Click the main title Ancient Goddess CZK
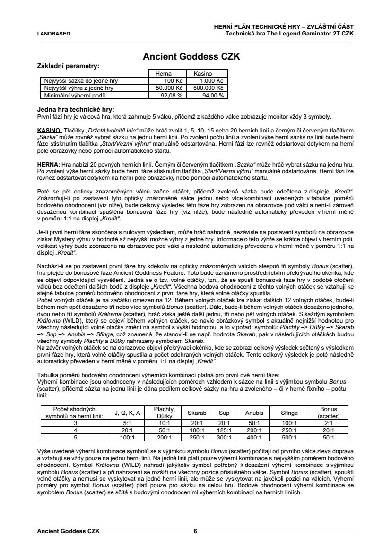(x=191, y=57)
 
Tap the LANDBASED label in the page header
(x=53, y=34)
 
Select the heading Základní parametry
(x=68, y=66)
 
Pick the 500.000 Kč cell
(x=207, y=88)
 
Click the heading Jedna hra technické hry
(x=75, y=110)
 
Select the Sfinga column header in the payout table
(x=289, y=413)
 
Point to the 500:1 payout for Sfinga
(x=289, y=438)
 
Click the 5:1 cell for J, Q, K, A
(x=127, y=423)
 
